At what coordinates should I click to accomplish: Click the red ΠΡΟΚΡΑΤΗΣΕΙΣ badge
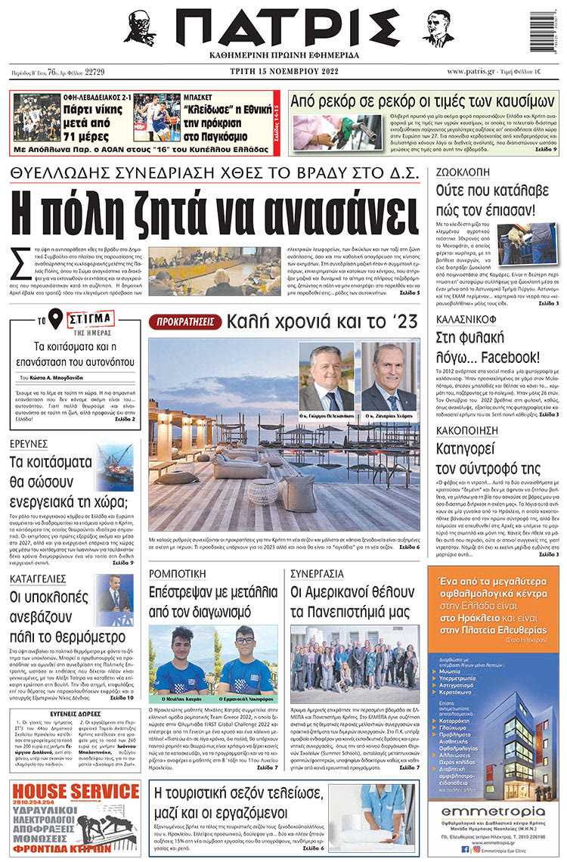(x=184, y=323)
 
